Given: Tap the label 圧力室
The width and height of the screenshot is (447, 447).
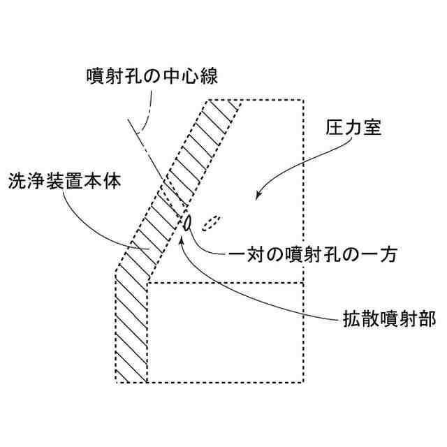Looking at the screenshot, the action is pyautogui.click(x=353, y=129).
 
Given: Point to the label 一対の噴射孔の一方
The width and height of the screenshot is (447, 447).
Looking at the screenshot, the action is pyautogui.click(x=314, y=255).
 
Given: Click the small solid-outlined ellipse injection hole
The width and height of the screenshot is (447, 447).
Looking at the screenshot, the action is pyautogui.click(x=187, y=223).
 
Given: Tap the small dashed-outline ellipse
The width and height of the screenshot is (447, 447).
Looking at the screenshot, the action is pyautogui.click(x=211, y=222).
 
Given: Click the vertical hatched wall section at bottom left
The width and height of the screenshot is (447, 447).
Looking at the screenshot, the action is pyautogui.click(x=131, y=328).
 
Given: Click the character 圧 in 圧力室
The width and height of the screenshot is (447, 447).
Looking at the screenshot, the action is pyautogui.click(x=335, y=129).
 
